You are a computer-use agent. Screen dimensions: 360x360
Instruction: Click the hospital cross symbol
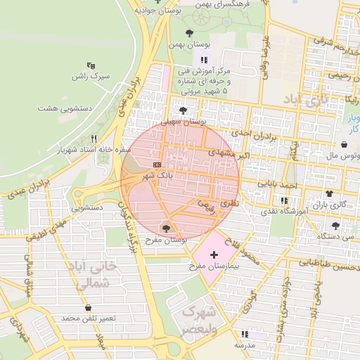[214, 252]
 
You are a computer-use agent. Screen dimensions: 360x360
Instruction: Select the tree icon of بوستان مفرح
[166, 226]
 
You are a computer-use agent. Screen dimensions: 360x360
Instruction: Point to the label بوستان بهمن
[188, 44]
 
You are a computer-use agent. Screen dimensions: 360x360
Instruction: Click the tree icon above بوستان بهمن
[188, 32]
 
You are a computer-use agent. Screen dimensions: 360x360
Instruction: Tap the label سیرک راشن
[91, 75]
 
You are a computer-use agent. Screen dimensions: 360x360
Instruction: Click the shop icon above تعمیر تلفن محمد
[88, 307]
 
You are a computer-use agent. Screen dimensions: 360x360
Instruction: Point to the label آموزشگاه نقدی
[285, 211]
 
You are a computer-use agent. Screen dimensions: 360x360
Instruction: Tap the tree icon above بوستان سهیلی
[184, 110]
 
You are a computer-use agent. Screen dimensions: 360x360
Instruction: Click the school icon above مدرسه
[244, 334]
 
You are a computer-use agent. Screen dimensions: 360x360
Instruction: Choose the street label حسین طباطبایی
[330, 266]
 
